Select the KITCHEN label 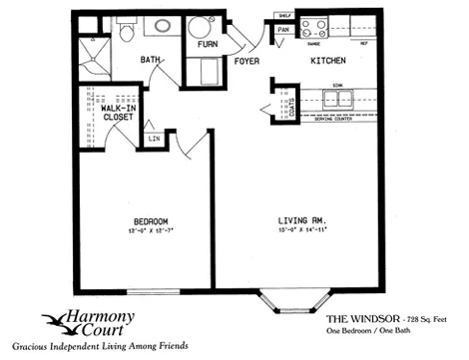[329, 61]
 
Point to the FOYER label [246, 61]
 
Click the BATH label [152, 60]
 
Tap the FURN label [208, 44]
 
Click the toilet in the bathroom [128, 32]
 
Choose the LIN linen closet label [154, 140]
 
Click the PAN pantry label [283, 31]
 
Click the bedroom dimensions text [150, 231]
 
